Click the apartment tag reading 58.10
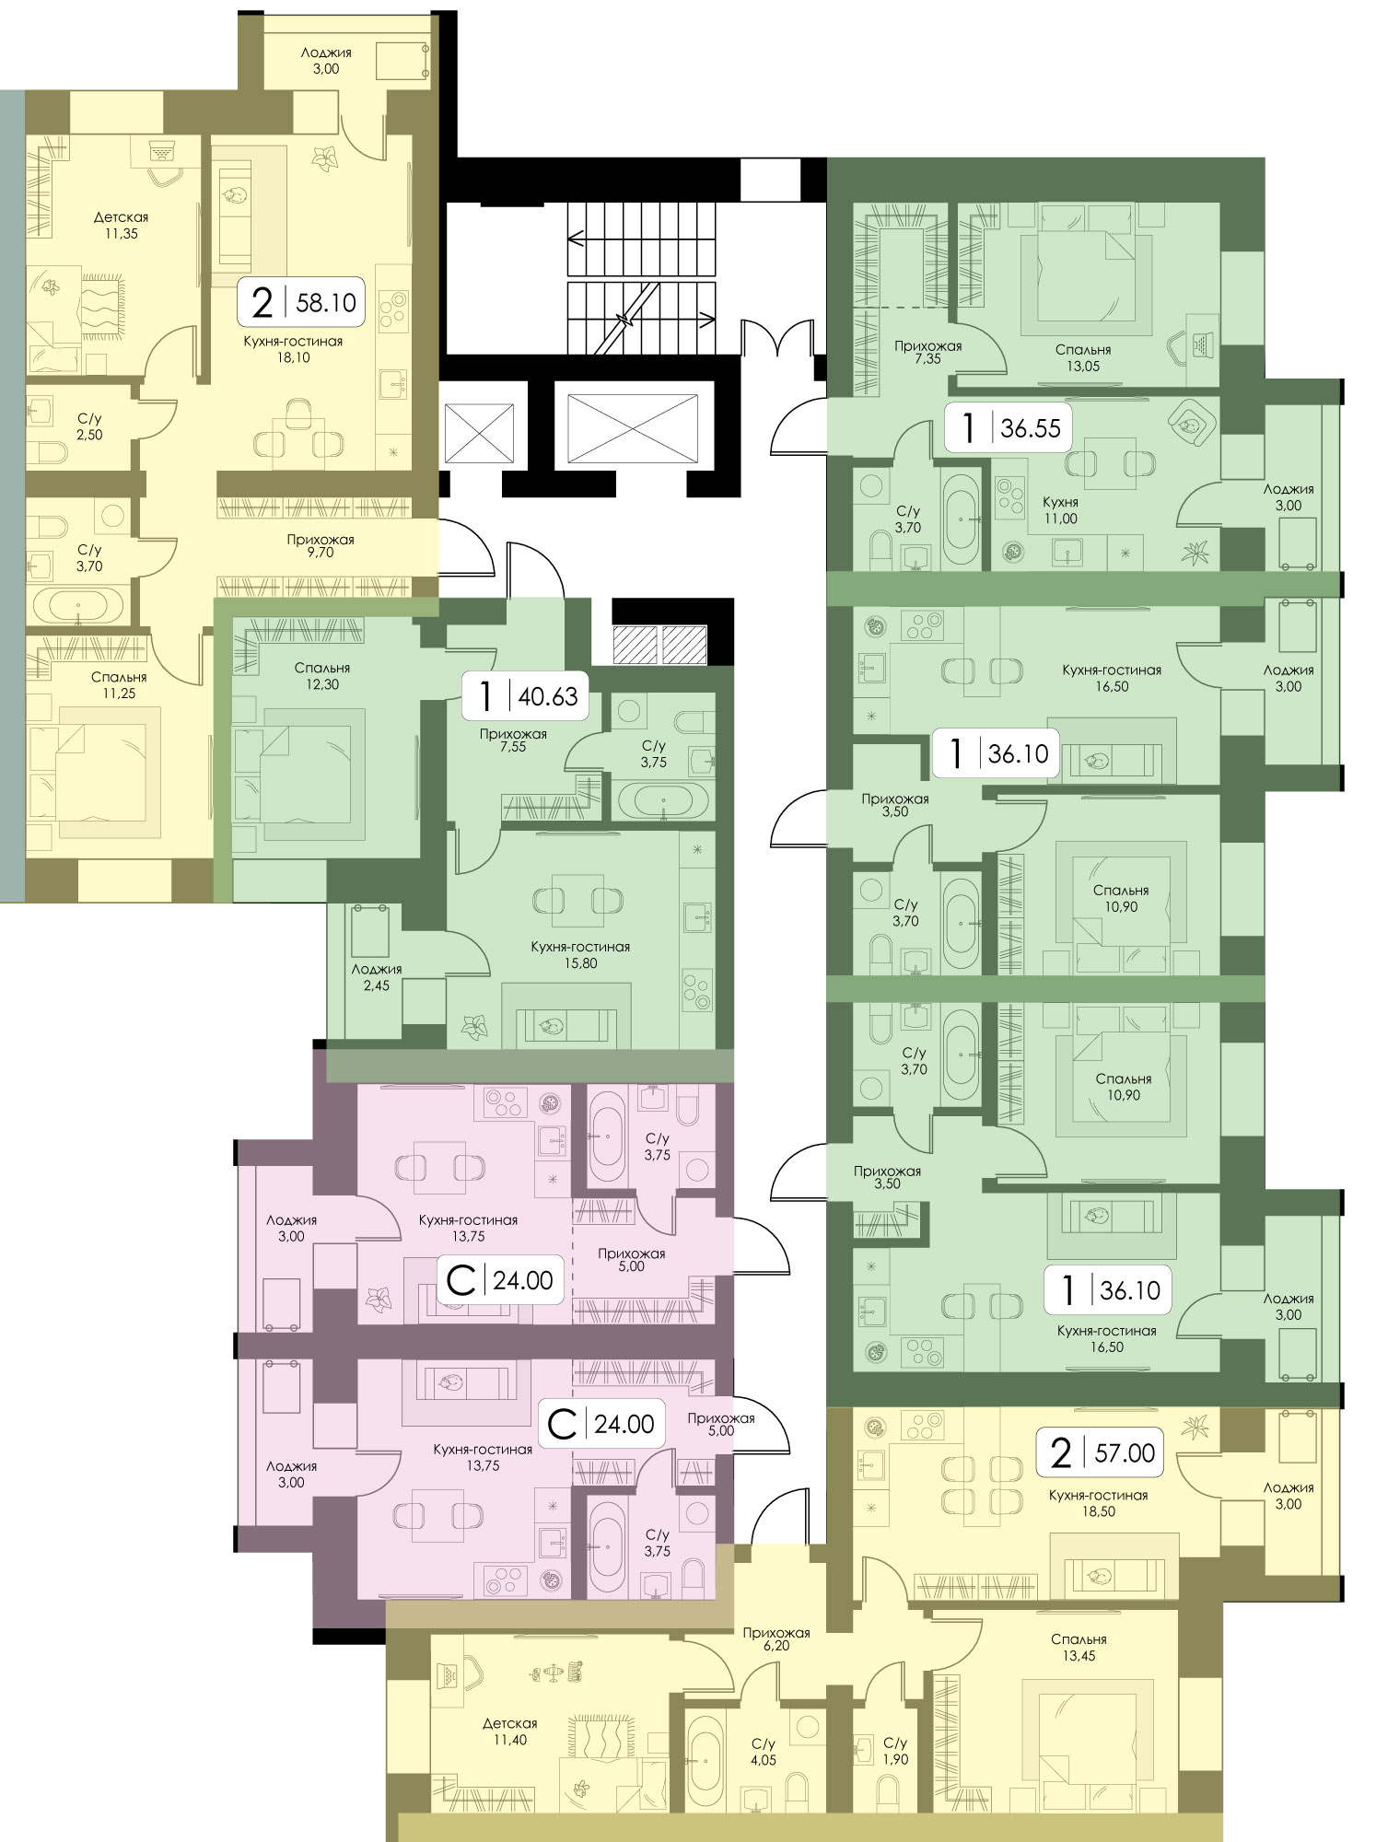click(302, 301)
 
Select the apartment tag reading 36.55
click(1009, 427)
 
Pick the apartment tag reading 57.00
click(1102, 1452)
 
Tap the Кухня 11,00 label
click(1060, 510)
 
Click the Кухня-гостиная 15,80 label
click(580, 955)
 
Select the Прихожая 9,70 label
click(320, 546)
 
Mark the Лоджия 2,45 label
click(377, 977)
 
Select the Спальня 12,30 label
click(322, 676)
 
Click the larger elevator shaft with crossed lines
click(633, 429)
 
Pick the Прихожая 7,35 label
click(927, 353)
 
